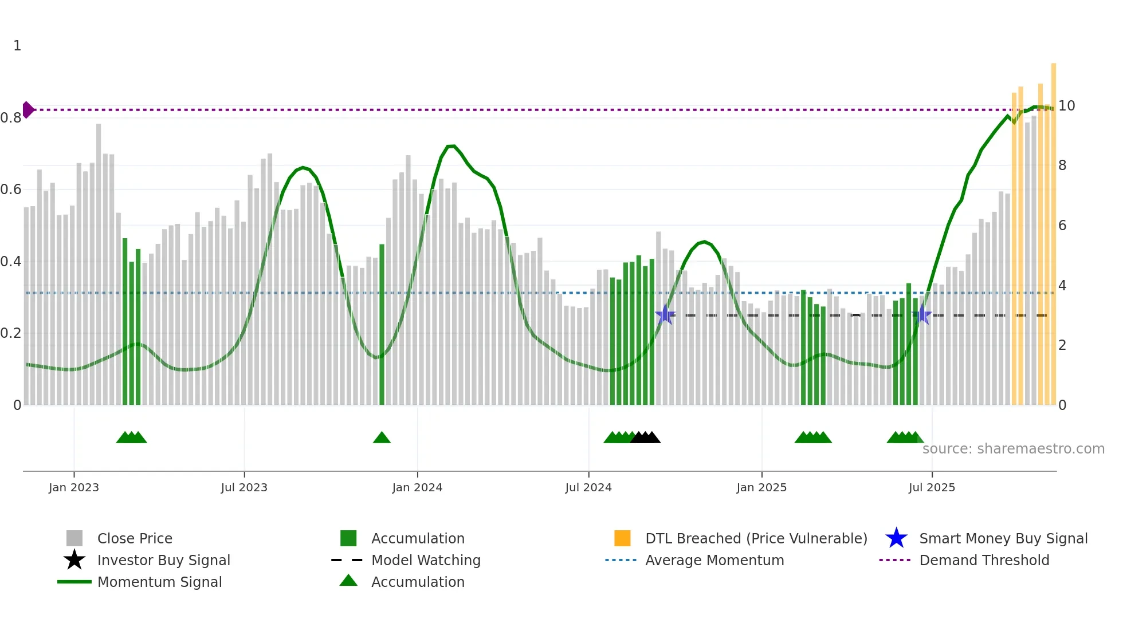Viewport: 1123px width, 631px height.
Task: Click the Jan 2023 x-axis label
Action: [x=73, y=487]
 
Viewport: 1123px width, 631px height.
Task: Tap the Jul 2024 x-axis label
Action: [x=588, y=487]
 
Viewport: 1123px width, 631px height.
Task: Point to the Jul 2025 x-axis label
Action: [x=932, y=487]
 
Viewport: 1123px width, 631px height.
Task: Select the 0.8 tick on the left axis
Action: [x=11, y=118]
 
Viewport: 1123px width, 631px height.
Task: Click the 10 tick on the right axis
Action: [x=1066, y=106]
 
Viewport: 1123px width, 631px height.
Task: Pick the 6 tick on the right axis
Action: [x=1062, y=226]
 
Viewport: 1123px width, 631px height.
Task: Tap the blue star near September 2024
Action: [x=665, y=314]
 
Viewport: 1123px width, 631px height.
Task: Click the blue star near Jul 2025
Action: [x=922, y=314]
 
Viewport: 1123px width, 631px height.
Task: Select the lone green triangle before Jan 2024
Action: [x=382, y=438]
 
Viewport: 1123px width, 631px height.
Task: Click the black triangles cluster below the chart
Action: [x=646, y=438]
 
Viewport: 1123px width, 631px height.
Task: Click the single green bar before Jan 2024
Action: [x=382, y=324]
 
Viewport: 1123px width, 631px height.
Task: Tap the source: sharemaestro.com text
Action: [x=1013, y=449]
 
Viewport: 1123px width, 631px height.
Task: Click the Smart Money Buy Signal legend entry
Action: [x=1003, y=538]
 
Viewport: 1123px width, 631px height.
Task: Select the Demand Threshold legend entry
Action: [x=984, y=560]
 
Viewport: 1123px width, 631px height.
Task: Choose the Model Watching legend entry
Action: [x=425, y=560]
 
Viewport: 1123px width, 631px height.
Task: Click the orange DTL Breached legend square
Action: [x=622, y=538]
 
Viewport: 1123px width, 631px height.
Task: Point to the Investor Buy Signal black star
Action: [x=74, y=560]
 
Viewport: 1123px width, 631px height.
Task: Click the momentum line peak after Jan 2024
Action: [x=451, y=146]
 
